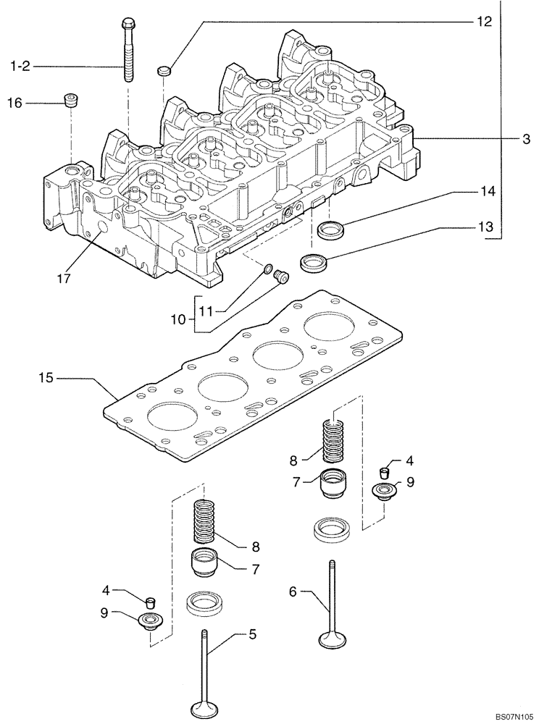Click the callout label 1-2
20,67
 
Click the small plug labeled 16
71,99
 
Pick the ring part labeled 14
332,230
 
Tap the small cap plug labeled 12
163,71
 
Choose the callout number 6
293,592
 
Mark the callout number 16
14,104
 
